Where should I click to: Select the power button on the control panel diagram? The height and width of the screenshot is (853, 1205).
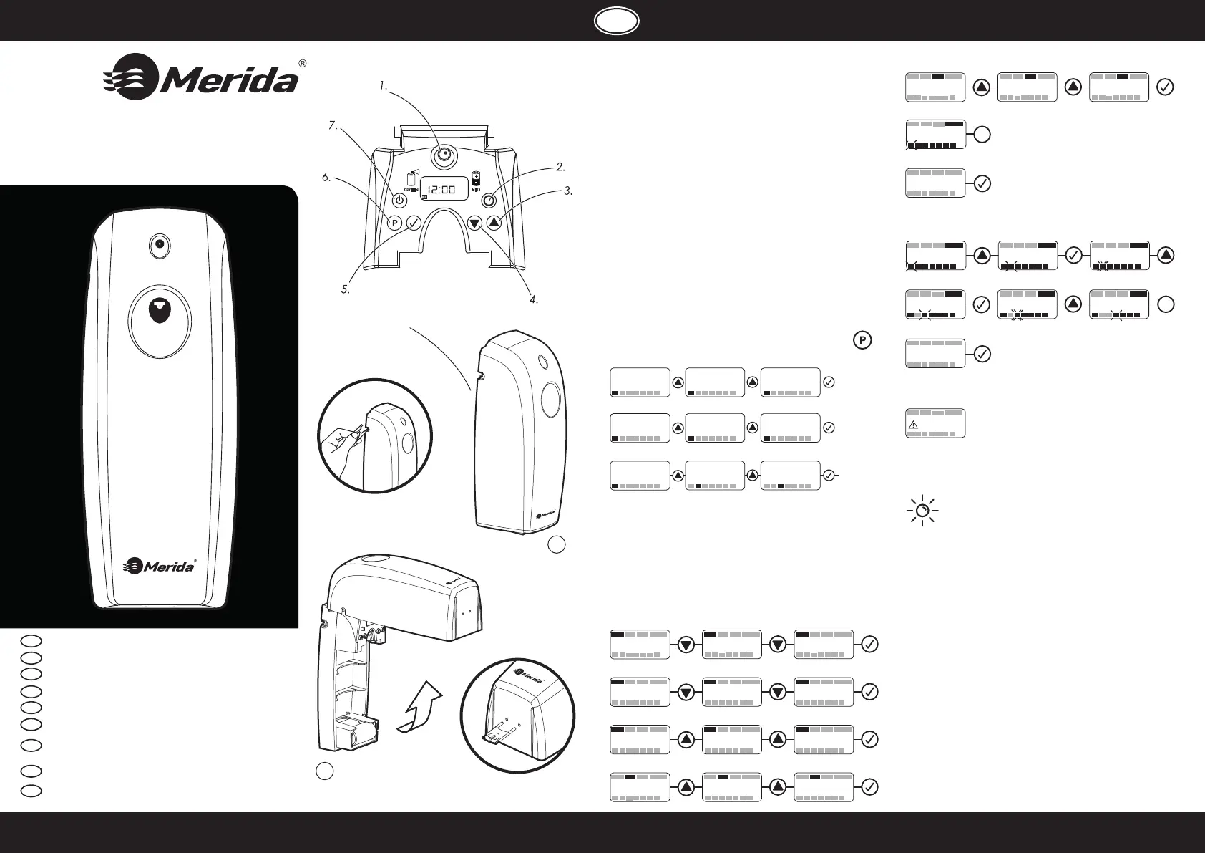click(x=401, y=200)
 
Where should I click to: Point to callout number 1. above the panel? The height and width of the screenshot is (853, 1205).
click(x=384, y=86)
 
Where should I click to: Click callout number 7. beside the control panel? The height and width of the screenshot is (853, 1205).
click(x=332, y=125)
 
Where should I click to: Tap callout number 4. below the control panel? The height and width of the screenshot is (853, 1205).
click(x=533, y=299)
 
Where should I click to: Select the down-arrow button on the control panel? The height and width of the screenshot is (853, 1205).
click(x=474, y=223)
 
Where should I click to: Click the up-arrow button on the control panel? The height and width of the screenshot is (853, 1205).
click(x=494, y=222)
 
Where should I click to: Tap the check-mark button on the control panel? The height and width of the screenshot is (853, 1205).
click(x=414, y=223)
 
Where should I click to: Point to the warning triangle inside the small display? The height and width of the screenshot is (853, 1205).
click(x=913, y=425)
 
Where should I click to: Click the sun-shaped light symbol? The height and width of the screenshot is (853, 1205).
click(x=922, y=511)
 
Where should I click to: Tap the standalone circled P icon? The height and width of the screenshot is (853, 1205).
click(x=862, y=340)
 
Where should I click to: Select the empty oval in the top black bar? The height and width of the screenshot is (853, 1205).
click(x=616, y=21)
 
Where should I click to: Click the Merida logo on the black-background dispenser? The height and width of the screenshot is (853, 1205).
click(x=160, y=566)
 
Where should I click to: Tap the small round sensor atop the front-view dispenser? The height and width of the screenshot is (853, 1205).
click(x=159, y=246)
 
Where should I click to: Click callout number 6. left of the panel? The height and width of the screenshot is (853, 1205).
click(x=326, y=178)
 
